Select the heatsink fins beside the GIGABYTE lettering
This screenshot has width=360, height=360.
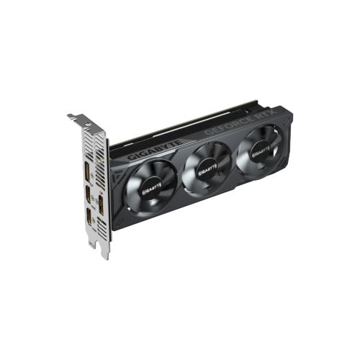(119, 153)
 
